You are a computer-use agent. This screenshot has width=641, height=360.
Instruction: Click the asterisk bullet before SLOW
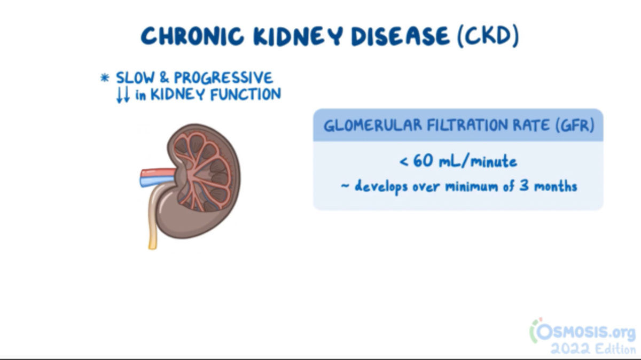point(105,79)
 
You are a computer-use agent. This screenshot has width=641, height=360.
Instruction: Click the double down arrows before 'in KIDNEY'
point(123,95)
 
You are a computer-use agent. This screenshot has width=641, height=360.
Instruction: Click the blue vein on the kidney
point(155,182)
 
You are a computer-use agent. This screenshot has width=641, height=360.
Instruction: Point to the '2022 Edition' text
point(593,349)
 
